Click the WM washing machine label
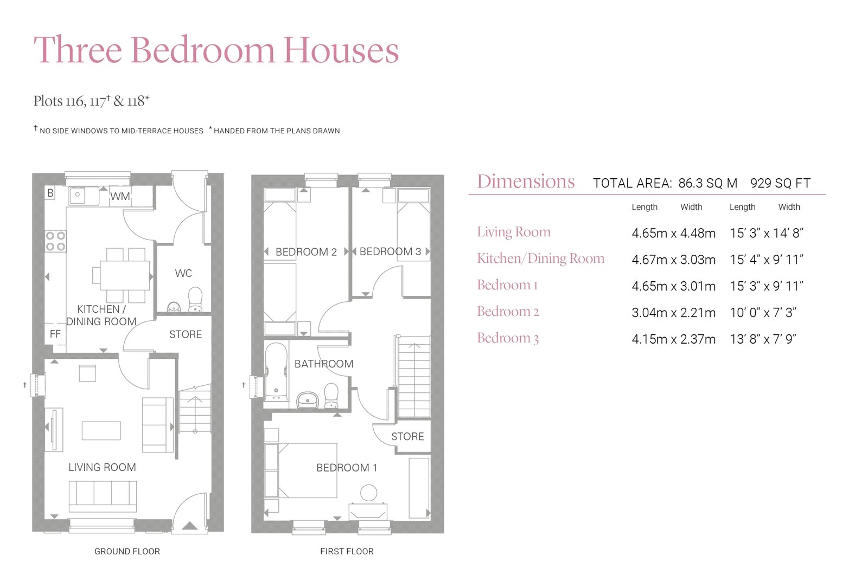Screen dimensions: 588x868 tap(120, 196)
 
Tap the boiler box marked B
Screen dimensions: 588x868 tap(50, 193)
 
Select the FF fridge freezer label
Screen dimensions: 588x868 tap(55, 334)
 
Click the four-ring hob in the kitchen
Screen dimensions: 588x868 tap(55, 241)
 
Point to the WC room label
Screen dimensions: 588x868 tap(183, 273)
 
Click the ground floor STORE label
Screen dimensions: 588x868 tap(186, 334)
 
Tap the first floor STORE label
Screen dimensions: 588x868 tap(407, 436)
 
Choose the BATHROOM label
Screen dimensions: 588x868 tap(324, 364)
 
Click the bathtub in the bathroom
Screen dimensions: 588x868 tap(276, 372)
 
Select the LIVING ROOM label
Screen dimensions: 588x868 tap(102, 467)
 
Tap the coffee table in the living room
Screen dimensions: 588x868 tap(101, 430)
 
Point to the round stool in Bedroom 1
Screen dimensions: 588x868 tap(369, 493)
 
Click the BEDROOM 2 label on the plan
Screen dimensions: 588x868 tap(306, 252)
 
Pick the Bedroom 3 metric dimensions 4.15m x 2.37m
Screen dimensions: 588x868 tap(673, 339)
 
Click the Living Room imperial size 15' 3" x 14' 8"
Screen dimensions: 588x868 tap(766, 233)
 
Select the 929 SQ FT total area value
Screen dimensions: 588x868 tap(780, 183)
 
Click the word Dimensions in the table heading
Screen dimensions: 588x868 tap(526, 182)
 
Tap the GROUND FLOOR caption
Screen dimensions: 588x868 tap(127, 551)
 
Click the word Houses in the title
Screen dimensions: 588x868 tap(341, 50)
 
